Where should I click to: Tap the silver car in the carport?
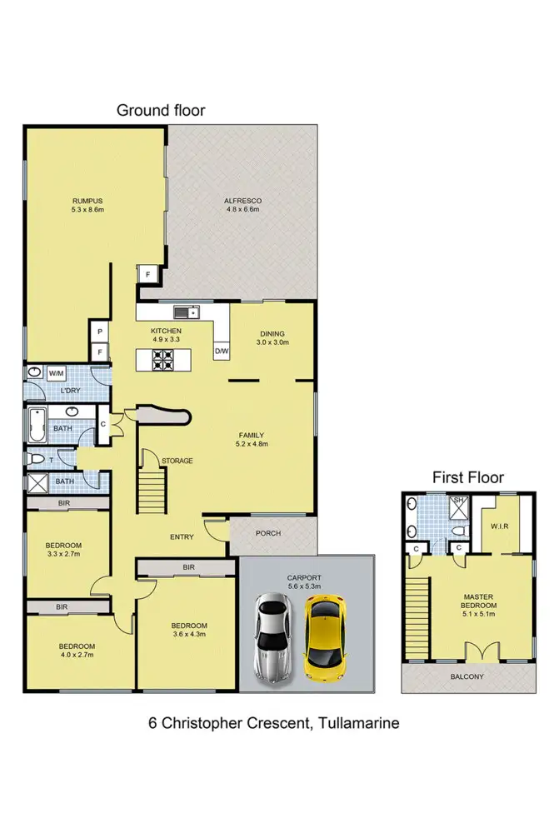273,636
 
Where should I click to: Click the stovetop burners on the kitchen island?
162,360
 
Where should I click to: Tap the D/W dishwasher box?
222,352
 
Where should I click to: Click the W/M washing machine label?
57,373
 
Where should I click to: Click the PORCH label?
268,534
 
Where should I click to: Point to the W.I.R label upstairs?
501,526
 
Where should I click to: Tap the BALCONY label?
467,677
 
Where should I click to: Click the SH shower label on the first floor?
457,501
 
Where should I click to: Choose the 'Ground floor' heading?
160,110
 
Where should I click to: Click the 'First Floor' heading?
467,477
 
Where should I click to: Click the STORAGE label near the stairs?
177,461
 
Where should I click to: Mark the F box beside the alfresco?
148,275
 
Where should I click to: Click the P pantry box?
100,332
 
